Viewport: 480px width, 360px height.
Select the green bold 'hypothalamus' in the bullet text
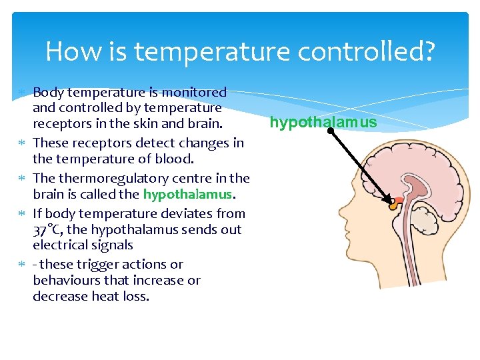click(x=187, y=194)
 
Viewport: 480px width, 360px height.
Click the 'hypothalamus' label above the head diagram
click(x=323, y=123)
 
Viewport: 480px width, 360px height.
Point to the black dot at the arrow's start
click(x=331, y=131)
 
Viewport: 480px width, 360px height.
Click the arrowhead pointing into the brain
click(x=392, y=200)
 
